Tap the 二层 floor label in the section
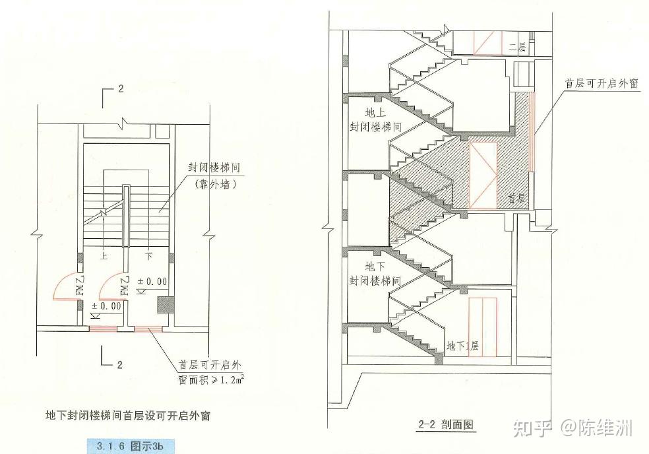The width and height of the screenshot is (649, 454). [x=518, y=47]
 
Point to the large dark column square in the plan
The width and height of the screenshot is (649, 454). [x=165, y=306]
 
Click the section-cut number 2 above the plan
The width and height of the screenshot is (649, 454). [x=121, y=89]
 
